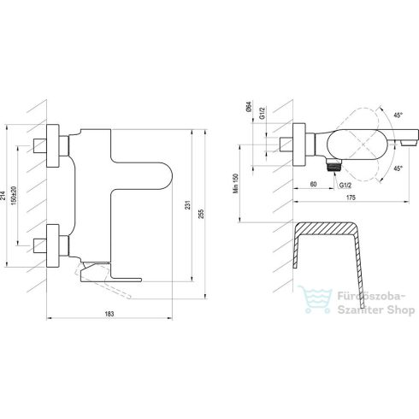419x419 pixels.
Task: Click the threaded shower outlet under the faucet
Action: (333, 161)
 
